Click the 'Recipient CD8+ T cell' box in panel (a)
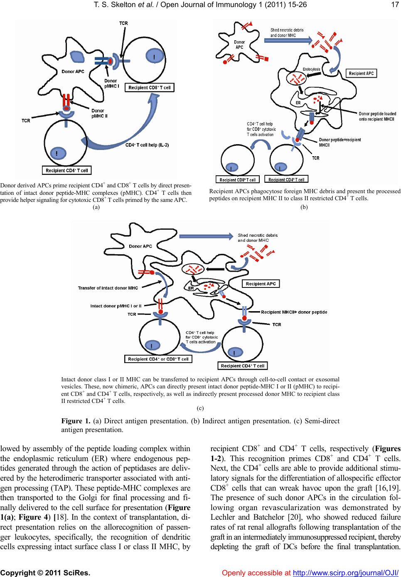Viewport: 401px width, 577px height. (x=150, y=88)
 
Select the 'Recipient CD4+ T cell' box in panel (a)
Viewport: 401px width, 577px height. (x=66, y=170)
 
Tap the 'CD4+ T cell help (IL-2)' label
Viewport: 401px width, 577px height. (x=147, y=145)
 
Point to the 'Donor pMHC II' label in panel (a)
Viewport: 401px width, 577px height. (x=98, y=113)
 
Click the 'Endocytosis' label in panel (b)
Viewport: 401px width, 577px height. (x=311, y=69)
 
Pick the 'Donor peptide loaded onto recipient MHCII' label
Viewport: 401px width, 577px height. (x=377, y=116)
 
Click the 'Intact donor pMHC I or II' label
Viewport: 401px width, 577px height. (x=116, y=306)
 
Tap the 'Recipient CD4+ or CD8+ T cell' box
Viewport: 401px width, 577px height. (x=158, y=359)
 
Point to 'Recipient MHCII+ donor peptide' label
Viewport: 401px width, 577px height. (x=294, y=312)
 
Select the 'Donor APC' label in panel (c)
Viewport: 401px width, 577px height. (x=140, y=246)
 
